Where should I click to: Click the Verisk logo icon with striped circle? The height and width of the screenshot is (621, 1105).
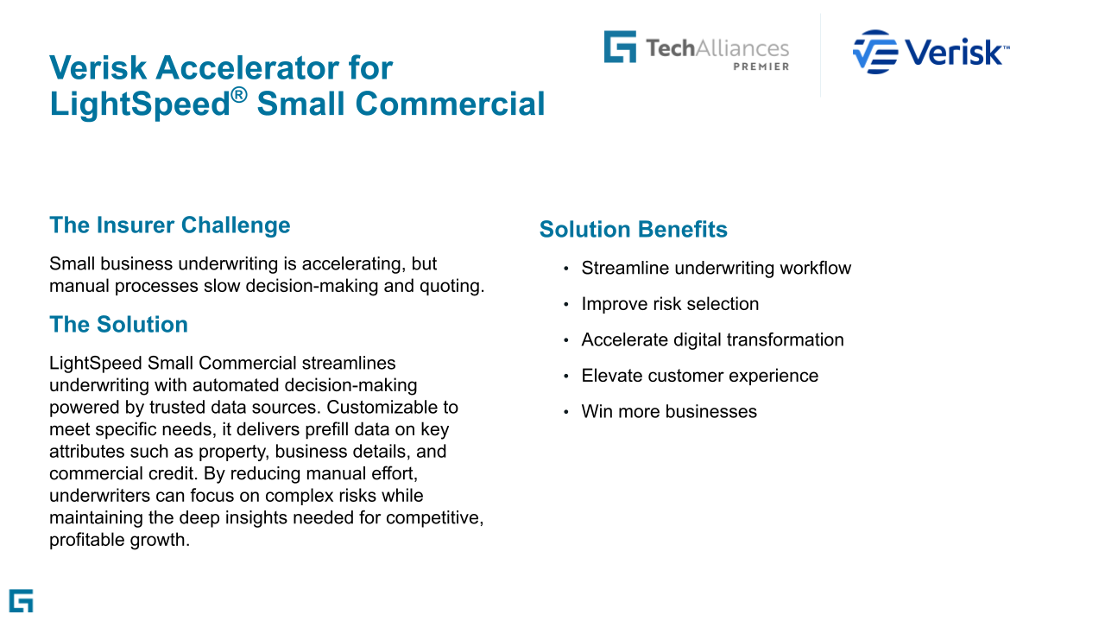click(875, 52)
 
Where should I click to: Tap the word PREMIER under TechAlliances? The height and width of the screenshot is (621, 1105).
click(761, 67)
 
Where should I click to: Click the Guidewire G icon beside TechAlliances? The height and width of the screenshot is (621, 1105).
click(620, 47)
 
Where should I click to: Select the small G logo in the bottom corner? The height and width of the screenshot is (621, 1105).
click(22, 601)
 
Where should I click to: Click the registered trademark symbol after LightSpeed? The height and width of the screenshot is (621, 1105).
click(239, 95)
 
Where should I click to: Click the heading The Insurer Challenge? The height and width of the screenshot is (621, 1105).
click(170, 225)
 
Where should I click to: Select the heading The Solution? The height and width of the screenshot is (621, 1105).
click(118, 325)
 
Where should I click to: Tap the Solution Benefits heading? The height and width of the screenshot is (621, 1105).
click(633, 229)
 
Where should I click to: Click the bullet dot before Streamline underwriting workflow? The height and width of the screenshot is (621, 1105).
click(565, 269)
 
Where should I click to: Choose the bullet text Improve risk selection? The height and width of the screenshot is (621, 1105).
click(670, 304)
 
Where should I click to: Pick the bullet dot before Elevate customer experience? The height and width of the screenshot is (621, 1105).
click(565, 377)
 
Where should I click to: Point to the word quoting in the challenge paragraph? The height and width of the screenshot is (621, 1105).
click(451, 286)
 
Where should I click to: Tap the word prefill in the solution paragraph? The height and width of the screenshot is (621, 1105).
click(327, 429)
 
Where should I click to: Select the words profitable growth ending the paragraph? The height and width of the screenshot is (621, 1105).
click(119, 540)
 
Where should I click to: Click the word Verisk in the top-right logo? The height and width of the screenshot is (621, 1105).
click(954, 52)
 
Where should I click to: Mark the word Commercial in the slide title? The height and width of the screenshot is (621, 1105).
click(450, 105)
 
